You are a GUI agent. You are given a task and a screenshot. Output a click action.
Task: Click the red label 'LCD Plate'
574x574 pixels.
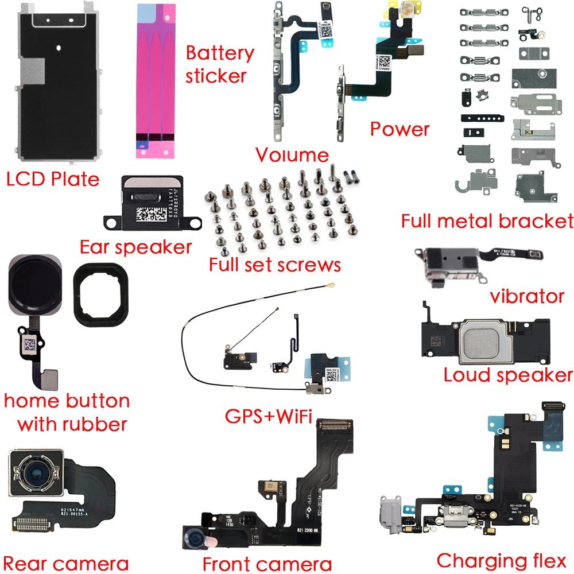click(x=52, y=179)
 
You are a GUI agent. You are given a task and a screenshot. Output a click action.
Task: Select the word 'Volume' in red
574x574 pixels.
click(x=292, y=154)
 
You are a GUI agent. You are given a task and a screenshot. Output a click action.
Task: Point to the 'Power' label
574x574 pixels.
click(x=400, y=129)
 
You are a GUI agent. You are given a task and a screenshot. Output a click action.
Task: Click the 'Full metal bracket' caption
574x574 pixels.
click(x=487, y=220)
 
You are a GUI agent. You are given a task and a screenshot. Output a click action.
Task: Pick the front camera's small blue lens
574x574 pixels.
click(x=195, y=538)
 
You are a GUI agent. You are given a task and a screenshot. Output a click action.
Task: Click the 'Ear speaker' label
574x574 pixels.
click(x=135, y=247)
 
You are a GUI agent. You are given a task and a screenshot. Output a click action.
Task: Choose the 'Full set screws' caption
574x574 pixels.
click(x=274, y=265)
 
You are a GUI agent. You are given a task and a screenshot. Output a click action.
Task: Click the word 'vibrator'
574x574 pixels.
click(x=527, y=296)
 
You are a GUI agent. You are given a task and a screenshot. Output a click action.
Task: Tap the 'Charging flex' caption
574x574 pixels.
click(x=501, y=560)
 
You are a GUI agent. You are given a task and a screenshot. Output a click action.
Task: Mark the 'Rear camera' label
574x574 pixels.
click(x=65, y=563)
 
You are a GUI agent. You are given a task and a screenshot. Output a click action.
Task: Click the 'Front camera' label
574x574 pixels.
click(x=267, y=563)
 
